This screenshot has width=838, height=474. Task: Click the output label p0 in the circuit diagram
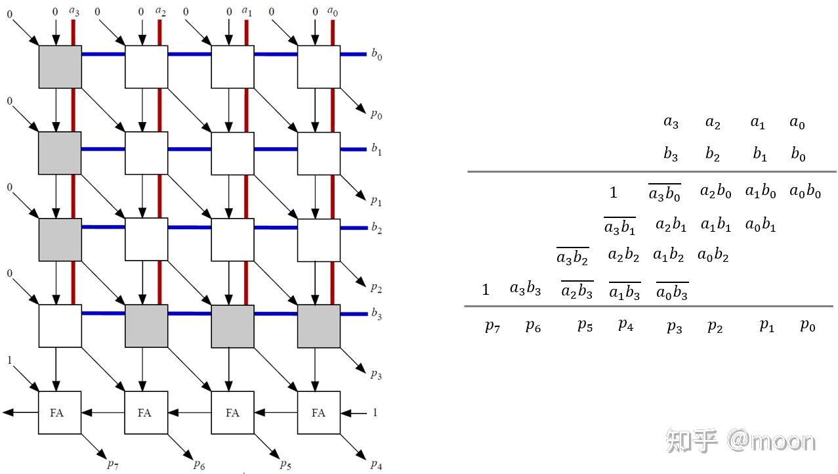pos(376,114)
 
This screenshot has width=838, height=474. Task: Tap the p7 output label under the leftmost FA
pos(113,464)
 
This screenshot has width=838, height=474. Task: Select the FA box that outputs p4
pos(318,412)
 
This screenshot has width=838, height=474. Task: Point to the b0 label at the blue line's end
pos(377,55)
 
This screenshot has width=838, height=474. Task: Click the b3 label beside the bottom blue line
pos(377,314)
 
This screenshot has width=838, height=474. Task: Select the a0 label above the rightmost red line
pos(333,11)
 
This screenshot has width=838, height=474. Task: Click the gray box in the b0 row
pos(60,66)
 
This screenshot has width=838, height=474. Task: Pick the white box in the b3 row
pos(60,326)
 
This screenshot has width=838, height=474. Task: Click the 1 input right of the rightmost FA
pos(375,412)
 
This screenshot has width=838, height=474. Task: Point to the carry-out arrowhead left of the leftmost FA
pos(7,412)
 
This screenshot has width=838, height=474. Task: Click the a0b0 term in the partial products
pos(805,192)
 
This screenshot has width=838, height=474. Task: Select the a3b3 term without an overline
pos(525,288)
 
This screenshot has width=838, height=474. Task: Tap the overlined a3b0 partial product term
pos(664,193)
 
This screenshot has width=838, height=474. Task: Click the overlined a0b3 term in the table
pos(672,291)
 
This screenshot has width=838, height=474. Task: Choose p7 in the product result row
pos(492,326)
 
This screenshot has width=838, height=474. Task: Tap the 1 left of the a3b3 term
pos(486,290)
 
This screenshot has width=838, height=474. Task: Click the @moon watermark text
pos(770,441)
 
